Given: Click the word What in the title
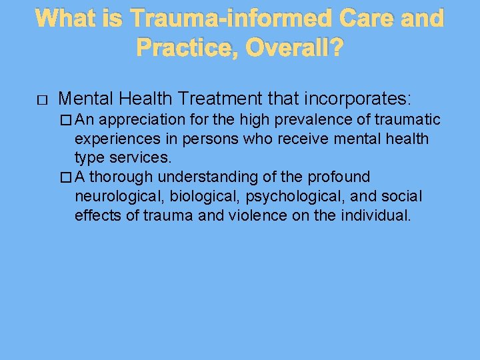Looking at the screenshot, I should pyautogui.click(x=67, y=18).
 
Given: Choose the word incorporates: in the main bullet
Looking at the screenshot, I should pyautogui.click(x=358, y=99).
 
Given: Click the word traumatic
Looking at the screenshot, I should pyautogui.click(x=406, y=120).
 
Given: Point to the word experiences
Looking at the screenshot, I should pyautogui.click(x=114, y=139).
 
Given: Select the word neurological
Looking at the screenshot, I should pyautogui.click(x=119, y=197).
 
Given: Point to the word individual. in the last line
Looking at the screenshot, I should pyautogui.click(x=377, y=216).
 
